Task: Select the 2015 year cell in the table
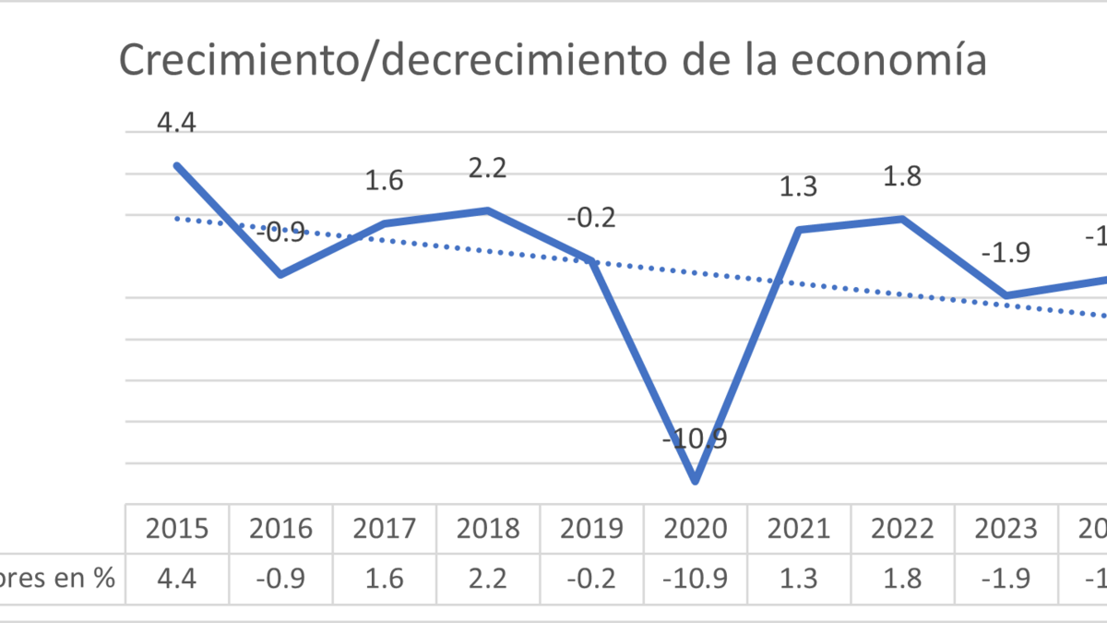(x=177, y=529)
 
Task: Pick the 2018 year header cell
(x=488, y=529)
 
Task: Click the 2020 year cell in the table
(x=696, y=529)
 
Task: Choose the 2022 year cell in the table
(x=902, y=529)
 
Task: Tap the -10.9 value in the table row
(x=696, y=579)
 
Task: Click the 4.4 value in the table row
(x=177, y=579)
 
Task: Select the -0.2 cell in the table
(x=591, y=579)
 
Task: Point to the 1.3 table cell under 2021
(x=799, y=579)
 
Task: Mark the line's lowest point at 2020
(x=696, y=481)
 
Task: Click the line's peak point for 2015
(x=177, y=165)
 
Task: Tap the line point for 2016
(x=280, y=274)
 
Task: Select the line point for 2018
(x=488, y=210)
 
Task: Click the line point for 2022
(x=902, y=219)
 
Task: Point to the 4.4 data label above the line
(x=177, y=124)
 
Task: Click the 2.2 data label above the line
(x=488, y=169)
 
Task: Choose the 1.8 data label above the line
(x=902, y=177)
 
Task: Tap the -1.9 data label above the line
(x=1006, y=253)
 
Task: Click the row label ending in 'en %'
(x=57, y=579)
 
